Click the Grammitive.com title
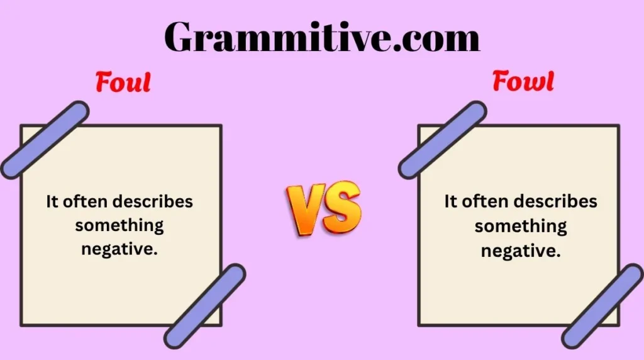(322, 37)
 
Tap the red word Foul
(123, 82)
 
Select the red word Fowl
(523, 81)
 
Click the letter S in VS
(341, 206)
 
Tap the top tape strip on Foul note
(45, 140)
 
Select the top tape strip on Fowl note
(442, 140)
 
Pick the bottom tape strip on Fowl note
(602, 307)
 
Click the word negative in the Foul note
(119, 249)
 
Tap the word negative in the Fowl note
(521, 250)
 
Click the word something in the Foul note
(119, 225)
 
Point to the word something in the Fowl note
(521, 226)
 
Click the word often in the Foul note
(86, 201)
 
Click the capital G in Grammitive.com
(180, 37)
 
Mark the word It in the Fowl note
(450, 201)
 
